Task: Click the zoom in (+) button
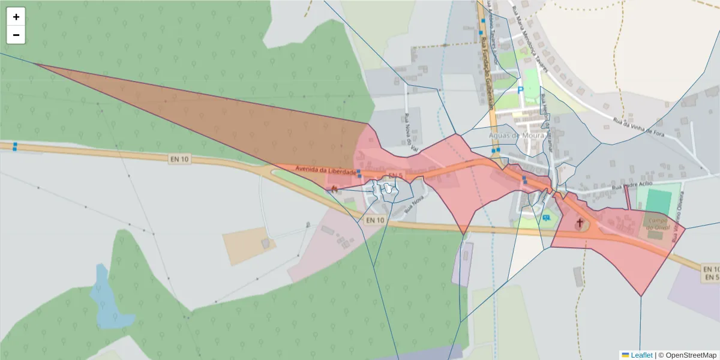[x=16, y=17]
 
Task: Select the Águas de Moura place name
[x=516, y=135]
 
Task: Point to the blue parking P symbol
[x=520, y=90]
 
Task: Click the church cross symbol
[x=579, y=223]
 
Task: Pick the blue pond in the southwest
[x=108, y=300]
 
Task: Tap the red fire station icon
[x=334, y=187]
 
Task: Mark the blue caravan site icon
[x=546, y=218]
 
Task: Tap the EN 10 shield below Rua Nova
[x=375, y=220]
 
